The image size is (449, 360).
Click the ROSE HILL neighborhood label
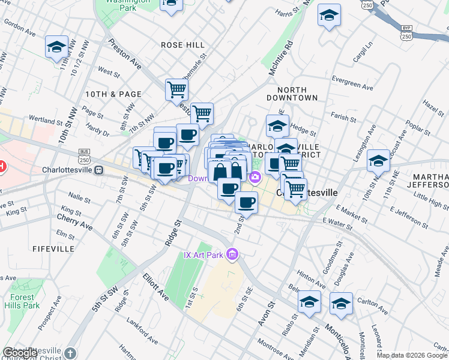point(183,45)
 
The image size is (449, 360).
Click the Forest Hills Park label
point(24,301)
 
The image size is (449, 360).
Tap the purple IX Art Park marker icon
point(232,256)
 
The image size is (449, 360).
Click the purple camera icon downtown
point(255,176)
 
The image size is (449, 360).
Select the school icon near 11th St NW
point(57,47)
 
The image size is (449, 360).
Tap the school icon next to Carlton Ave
point(341,303)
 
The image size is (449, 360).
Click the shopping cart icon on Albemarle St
point(177,89)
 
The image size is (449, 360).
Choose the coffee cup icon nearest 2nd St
point(246,203)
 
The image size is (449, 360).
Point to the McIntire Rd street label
point(280,58)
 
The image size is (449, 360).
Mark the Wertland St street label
point(41,119)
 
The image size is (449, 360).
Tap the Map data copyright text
point(412,355)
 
